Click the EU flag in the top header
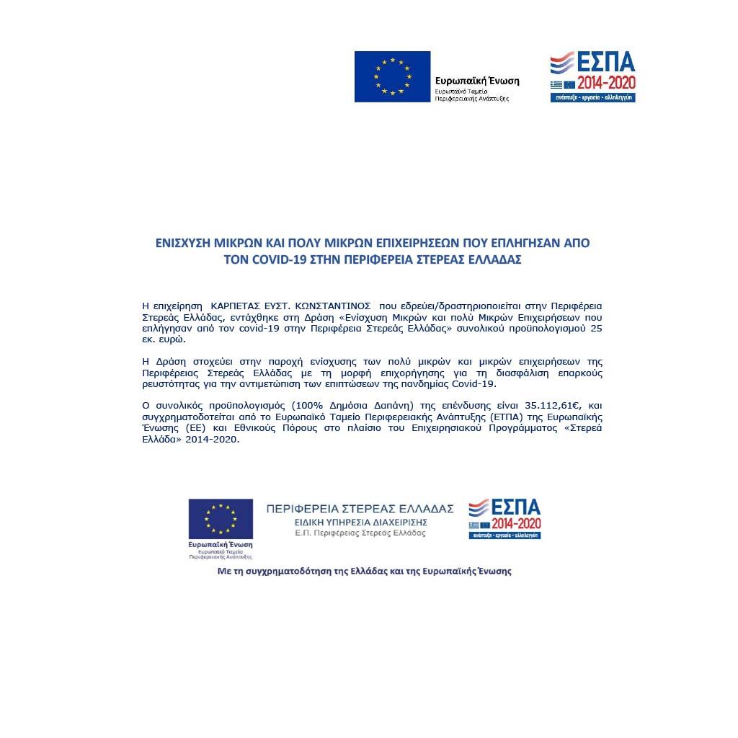[x=392, y=76]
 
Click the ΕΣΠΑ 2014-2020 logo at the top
[x=592, y=76]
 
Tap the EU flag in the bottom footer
[x=221, y=518]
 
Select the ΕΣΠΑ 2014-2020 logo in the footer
[x=504, y=518]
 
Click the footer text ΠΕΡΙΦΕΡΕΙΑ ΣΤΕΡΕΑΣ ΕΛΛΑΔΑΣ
[x=360, y=509]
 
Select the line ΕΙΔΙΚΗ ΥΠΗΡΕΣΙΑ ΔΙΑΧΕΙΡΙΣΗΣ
[x=360, y=522]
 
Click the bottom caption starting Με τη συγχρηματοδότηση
[x=364, y=571]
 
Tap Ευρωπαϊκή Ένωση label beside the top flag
[x=477, y=81]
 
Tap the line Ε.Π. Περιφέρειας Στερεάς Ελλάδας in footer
[x=360, y=533]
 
